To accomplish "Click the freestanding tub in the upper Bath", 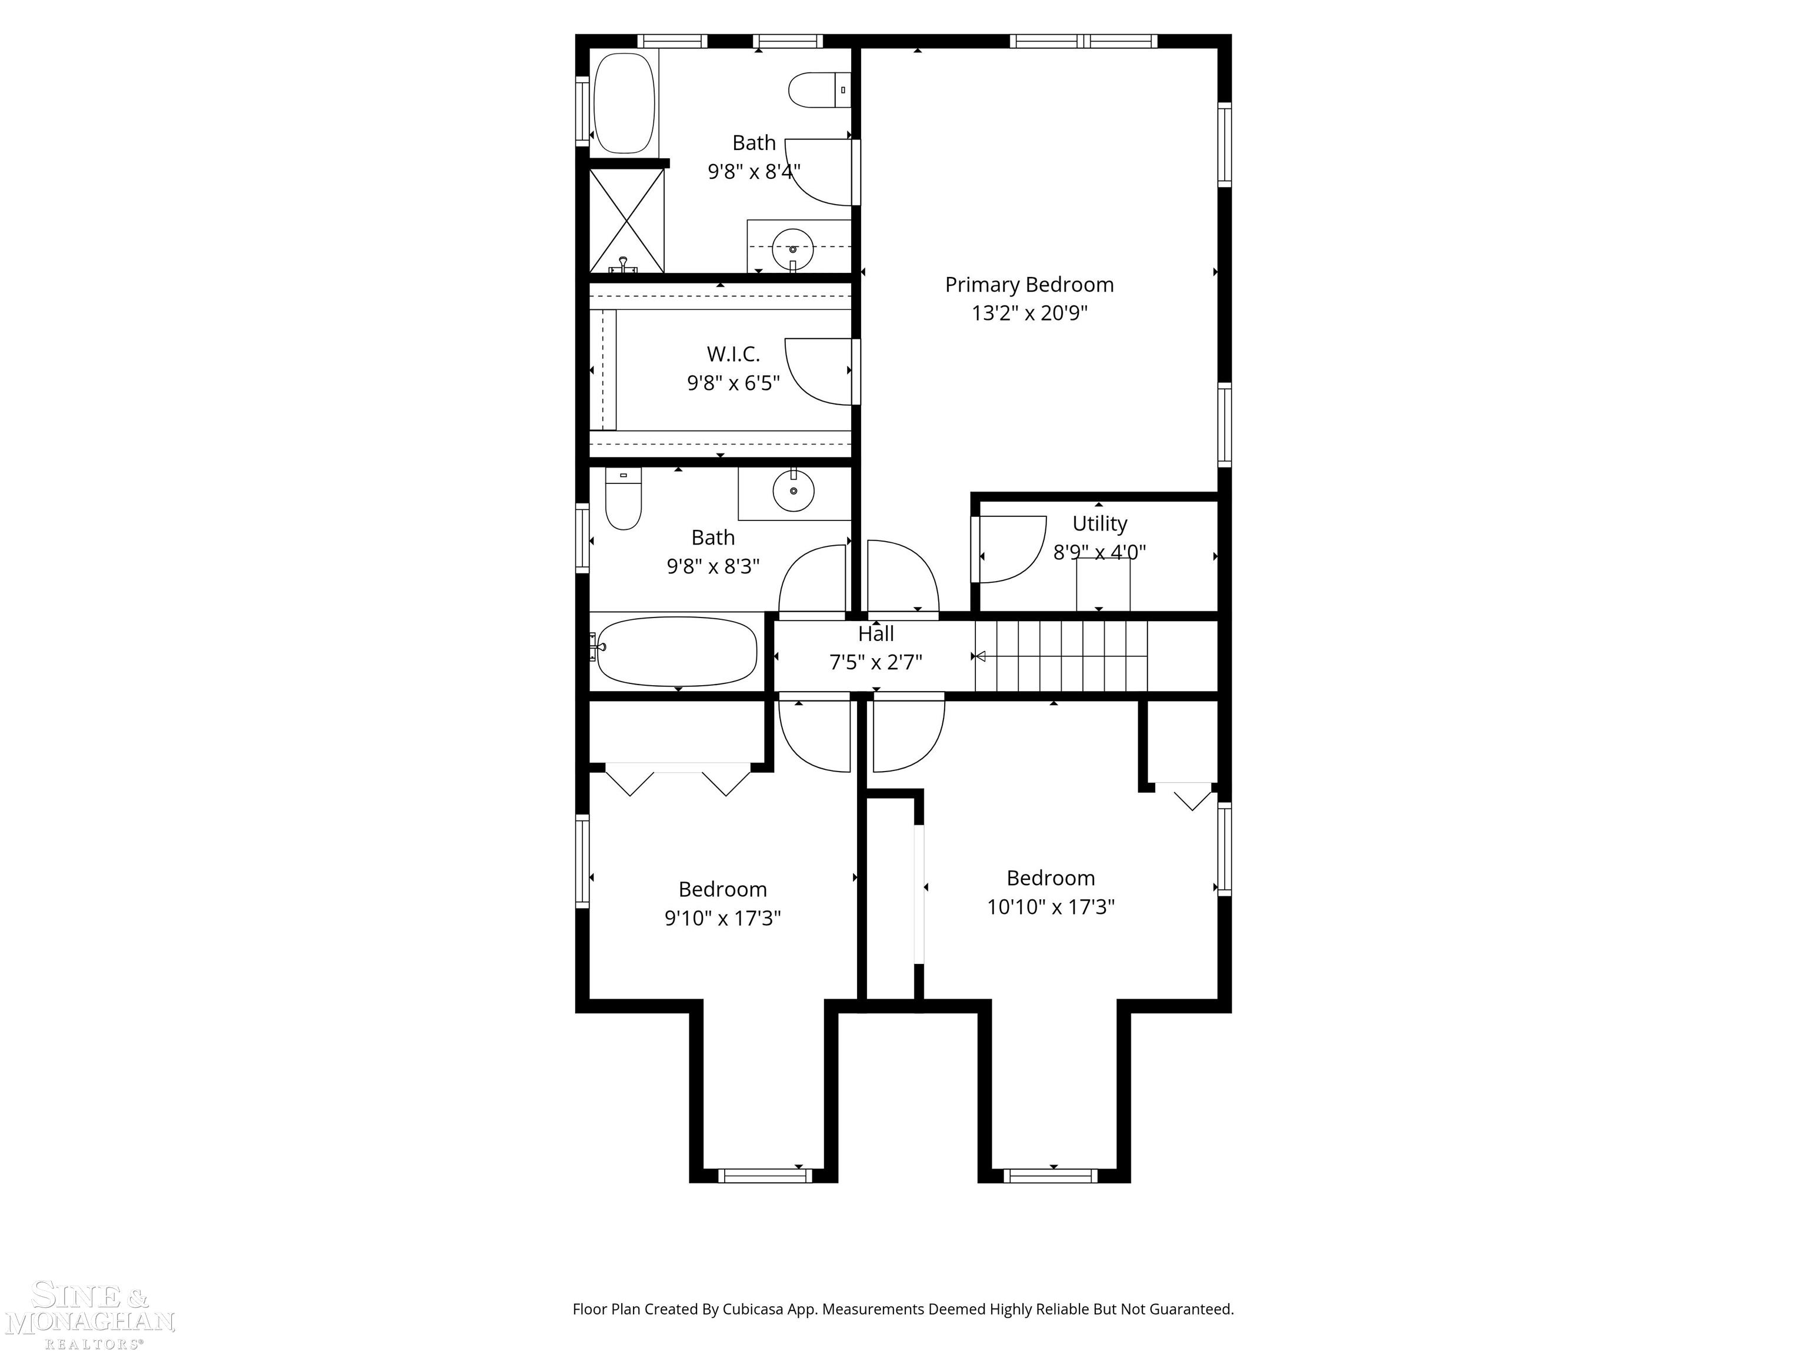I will coord(624,103).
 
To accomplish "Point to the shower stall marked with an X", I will coord(626,220).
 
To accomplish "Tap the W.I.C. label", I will coord(733,353).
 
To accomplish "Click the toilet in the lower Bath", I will coord(624,500).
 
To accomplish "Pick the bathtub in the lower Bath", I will coord(676,651).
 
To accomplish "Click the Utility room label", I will coord(1099,523).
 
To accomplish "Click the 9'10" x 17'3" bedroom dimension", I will coord(722,918).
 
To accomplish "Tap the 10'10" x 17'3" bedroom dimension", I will coord(1050,907).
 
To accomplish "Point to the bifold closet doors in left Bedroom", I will coord(677,779).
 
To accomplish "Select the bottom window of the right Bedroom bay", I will coord(1050,1175).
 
